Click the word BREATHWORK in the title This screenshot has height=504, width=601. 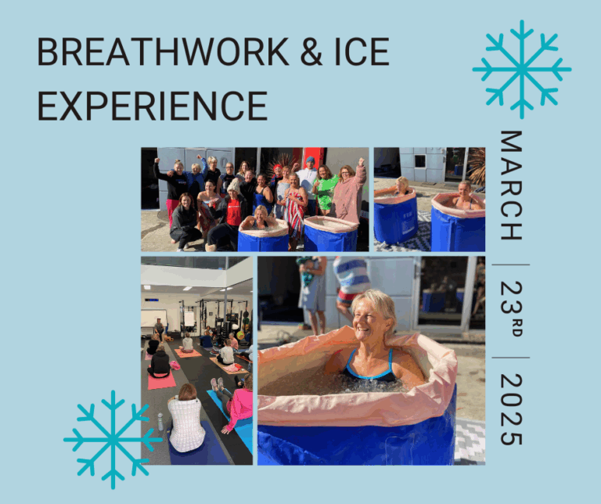(163, 52)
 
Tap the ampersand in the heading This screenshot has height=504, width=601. (311, 52)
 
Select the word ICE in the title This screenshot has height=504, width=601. (362, 52)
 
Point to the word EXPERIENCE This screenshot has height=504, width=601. (152, 106)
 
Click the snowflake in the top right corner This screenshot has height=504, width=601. (522, 70)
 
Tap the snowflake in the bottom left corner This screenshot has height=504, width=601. (113, 440)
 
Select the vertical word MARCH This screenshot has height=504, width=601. (511, 185)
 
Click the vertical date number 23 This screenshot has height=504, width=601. (511, 297)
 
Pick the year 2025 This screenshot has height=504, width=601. (511, 410)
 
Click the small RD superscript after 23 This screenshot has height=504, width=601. (516, 326)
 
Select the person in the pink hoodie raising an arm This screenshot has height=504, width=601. (349, 192)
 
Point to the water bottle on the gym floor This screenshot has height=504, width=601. (160, 422)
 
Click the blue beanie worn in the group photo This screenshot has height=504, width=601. (310, 160)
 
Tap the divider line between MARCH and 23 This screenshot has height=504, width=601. (511, 265)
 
